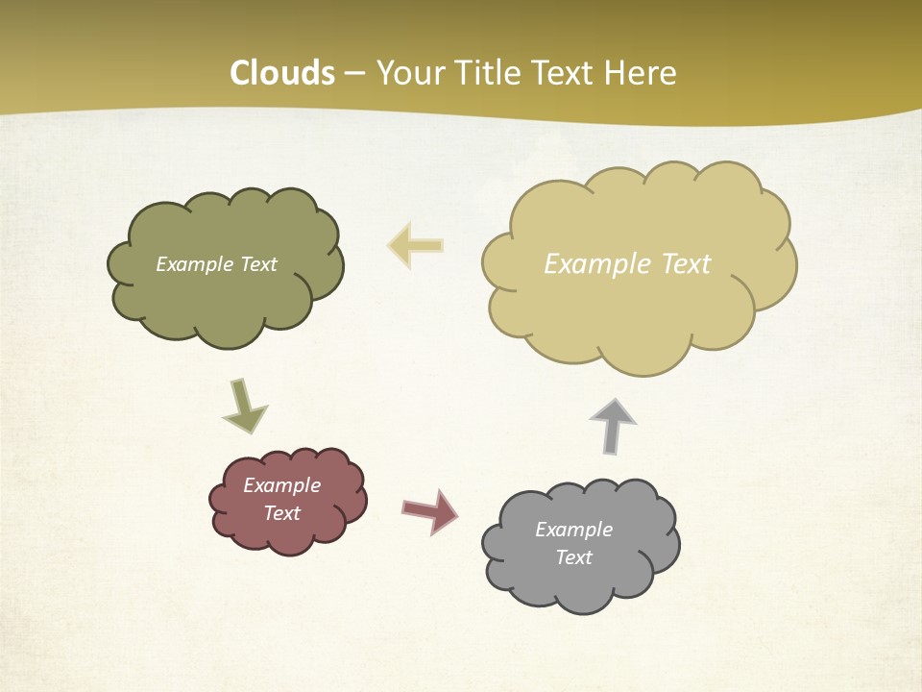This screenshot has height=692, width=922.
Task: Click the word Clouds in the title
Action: pos(281,73)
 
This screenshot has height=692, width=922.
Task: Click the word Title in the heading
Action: pos(477,73)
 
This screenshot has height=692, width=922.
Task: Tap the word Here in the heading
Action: pos(640,73)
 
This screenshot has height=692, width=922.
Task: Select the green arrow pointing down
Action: pos(244,408)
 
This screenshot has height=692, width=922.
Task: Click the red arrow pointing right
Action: pos(430,511)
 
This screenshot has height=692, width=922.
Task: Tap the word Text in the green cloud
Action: pos(258,264)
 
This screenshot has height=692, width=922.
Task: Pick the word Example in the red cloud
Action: pos(282,485)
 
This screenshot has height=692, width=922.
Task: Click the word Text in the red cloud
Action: pos(282,513)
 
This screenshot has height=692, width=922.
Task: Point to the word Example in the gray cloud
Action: pos(573,530)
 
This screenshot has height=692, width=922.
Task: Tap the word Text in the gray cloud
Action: pos(573,557)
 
